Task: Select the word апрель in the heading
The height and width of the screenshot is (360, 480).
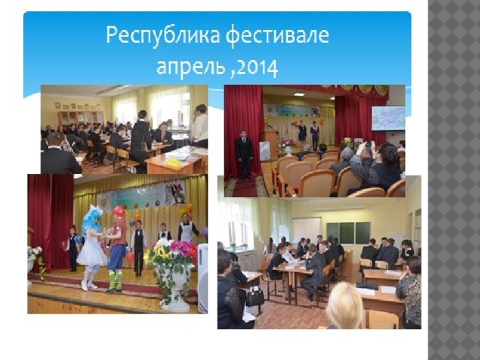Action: click(192, 68)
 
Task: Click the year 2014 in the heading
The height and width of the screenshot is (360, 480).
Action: click(257, 67)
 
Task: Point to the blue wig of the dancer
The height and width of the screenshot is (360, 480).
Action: click(91, 218)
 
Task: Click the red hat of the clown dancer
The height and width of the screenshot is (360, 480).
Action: click(118, 211)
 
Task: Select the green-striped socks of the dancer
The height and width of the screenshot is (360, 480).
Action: click(115, 280)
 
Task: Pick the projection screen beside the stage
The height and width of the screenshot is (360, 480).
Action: click(388, 118)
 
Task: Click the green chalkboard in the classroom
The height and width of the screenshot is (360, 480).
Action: click(349, 232)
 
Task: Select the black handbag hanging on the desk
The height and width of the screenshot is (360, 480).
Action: click(254, 295)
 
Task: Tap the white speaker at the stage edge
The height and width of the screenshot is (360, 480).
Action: click(202, 278)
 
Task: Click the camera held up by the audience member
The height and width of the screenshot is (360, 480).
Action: click(368, 143)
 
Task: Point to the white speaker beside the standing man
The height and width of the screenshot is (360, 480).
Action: click(265, 151)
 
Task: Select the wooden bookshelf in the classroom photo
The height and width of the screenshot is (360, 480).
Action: click(81, 118)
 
